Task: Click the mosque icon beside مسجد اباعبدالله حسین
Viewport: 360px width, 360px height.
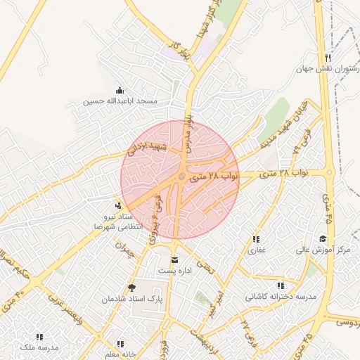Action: [x=119, y=90]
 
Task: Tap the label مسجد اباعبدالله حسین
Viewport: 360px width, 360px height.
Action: [x=120, y=101]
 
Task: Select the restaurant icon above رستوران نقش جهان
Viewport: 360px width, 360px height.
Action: [x=328, y=58]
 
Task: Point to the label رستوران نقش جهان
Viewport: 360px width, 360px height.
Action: [x=328, y=70]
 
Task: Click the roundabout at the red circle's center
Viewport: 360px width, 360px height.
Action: [x=181, y=177]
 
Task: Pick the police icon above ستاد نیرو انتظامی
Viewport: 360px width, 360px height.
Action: [x=118, y=205]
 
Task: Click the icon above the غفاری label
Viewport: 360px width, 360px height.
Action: [x=255, y=239]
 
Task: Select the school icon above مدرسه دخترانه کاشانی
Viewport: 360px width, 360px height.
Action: [x=281, y=285]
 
